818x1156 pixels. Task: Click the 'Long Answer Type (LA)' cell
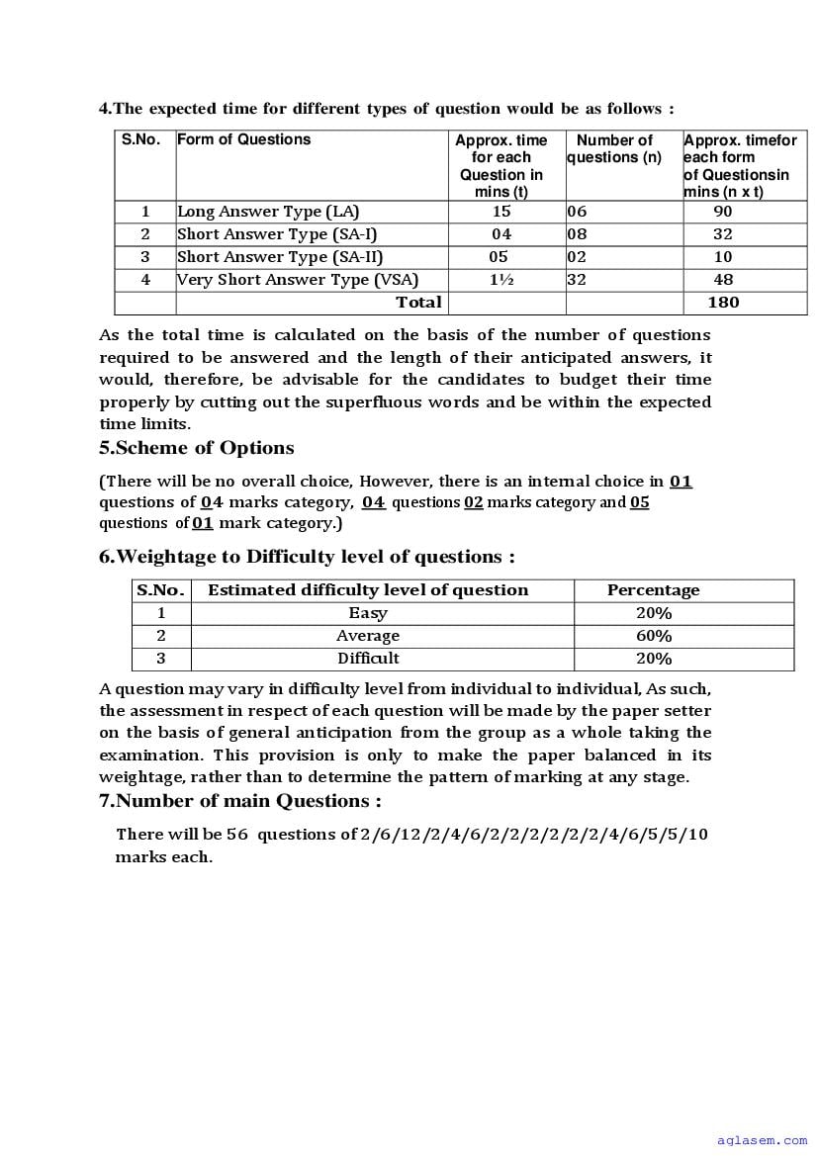point(268,212)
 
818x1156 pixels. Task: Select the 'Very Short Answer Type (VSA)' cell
point(298,280)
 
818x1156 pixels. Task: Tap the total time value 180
point(723,303)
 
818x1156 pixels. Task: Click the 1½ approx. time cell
point(501,280)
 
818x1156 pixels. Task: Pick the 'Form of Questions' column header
point(244,139)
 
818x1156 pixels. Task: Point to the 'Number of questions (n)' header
point(614,149)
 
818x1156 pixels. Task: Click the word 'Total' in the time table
point(418,302)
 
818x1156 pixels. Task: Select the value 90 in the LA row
point(723,212)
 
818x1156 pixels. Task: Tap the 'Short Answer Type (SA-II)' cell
point(280,257)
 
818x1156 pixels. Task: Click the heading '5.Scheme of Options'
point(197,448)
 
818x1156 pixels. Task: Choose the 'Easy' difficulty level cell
point(368,614)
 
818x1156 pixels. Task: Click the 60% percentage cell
point(654,637)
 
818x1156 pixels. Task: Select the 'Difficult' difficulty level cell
point(368,659)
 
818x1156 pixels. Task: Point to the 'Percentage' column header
point(653,590)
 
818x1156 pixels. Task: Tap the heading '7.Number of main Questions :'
point(240,801)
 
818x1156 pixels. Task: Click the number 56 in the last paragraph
point(237,835)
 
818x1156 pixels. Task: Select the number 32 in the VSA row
point(577,280)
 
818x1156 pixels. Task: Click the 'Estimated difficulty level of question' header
point(368,590)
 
